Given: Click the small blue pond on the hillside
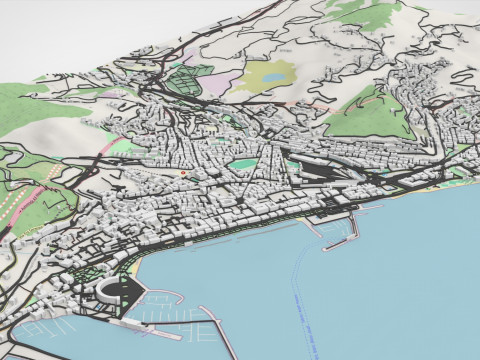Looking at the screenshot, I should click(272, 74).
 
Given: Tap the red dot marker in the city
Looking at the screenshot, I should click(185, 173).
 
